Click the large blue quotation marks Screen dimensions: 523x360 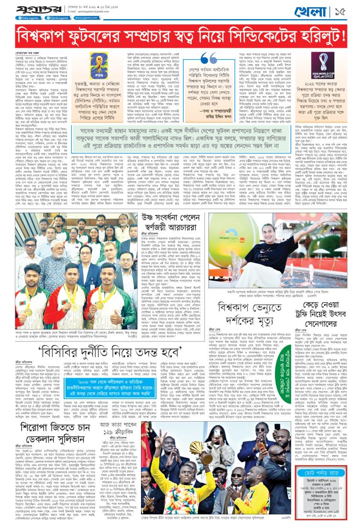[x=212, y=56]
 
